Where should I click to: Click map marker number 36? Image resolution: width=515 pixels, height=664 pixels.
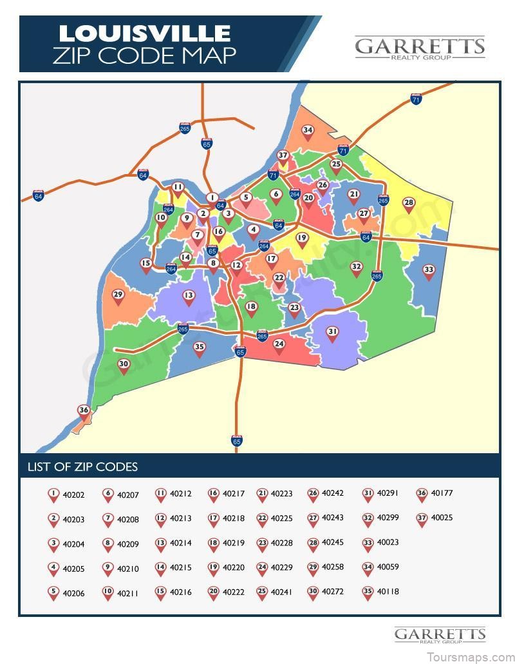[x=84, y=411]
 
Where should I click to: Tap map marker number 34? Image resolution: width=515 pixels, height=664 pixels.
[x=308, y=131]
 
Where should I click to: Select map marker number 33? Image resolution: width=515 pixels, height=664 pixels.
[x=429, y=271]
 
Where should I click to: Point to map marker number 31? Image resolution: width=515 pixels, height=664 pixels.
[x=332, y=333]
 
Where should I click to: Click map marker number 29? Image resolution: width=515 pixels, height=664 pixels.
[x=118, y=295]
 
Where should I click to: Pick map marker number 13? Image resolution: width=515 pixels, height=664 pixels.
[x=189, y=297]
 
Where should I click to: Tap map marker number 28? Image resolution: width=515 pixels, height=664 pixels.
[x=409, y=204]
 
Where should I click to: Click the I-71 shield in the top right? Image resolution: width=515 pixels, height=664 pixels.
[x=416, y=99]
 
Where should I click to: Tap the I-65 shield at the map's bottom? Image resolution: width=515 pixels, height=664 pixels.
[x=237, y=441]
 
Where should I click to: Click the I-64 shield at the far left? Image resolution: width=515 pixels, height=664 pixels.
[x=39, y=195]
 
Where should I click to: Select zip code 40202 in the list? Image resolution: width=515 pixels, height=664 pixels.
[x=73, y=495]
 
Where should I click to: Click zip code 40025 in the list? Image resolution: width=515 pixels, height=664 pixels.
[x=442, y=518]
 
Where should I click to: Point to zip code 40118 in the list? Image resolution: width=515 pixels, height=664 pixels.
[x=388, y=591]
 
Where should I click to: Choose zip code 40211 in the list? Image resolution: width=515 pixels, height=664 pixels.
[x=127, y=593]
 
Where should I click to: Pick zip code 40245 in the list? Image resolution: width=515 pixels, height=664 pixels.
[x=333, y=543]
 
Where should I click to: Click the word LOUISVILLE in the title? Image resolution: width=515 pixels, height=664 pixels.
[x=145, y=33]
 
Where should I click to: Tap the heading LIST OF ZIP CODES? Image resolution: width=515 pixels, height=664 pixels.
[x=82, y=467]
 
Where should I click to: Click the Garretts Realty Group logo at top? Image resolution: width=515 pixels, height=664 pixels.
[x=419, y=48]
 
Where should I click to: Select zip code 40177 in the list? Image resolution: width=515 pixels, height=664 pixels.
[x=442, y=493]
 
